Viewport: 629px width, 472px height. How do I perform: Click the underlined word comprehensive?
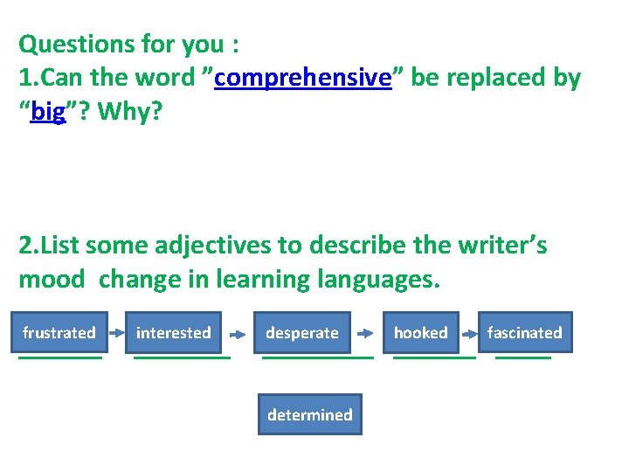click(x=301, y=78)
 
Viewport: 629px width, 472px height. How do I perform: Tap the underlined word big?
click(x=48, y=114)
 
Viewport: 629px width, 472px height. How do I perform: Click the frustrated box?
click(x=59, y=333)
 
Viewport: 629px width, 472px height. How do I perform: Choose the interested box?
click(x=173, y=333)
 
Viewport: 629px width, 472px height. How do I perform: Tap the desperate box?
click(x=301, y=333)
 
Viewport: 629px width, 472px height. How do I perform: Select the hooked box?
click(x=420, y=333)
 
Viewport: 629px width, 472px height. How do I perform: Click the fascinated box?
click(x=524, y=333)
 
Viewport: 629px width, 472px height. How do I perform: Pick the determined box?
click(x=309, y=415)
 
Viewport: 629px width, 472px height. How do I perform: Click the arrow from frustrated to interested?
click(x=116, y=333)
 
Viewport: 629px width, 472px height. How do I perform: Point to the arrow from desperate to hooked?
click(x=370, y=333)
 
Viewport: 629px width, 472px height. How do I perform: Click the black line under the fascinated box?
click(x=523, y=357)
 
